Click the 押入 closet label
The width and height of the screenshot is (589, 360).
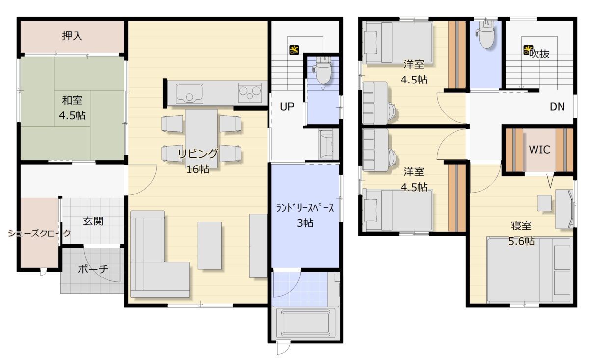coord(72,36)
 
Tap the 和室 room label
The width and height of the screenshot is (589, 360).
coord(72,100)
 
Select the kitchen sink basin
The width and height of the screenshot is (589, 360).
coord(189,94)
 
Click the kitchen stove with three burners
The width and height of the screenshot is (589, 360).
coord(249,92)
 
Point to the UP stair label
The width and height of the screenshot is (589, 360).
coord(287,107)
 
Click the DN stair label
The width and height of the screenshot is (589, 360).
coord(557,107)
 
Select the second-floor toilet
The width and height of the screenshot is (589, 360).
coord(485,34)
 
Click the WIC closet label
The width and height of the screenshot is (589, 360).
coord(539,150)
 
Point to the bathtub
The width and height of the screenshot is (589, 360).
coord(305,324)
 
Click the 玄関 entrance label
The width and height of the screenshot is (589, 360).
coord(93,222)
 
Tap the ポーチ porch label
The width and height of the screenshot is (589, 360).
coord(93,269)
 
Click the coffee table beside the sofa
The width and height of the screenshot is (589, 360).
coord(210,246)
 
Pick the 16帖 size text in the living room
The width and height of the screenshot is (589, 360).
coord(198,169)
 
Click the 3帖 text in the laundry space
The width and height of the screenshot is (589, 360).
coord(305,223)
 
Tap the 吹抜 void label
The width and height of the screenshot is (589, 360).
coord(539,54)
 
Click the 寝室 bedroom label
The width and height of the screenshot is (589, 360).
coord(521,226)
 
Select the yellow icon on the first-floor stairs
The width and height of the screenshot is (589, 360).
coord(294,50)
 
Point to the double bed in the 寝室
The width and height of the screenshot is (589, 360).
coord(530,270)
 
